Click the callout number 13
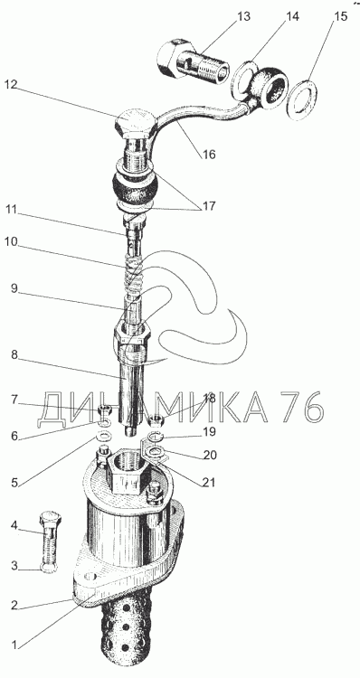click(243, 17)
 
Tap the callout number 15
click(340, 16)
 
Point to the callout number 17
click(208, 205)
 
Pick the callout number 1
click(14, 646)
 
